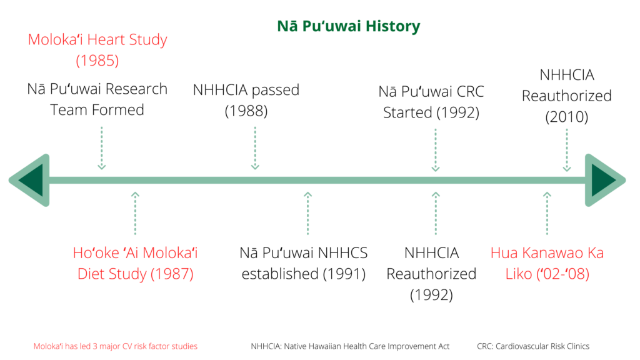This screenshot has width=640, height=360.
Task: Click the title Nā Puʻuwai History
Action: point(349,26)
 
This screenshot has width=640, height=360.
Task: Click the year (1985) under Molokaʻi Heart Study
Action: point(97,61)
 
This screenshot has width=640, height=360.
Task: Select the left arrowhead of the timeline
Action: point(29,180)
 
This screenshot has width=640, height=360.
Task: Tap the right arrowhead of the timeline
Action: point(605,180)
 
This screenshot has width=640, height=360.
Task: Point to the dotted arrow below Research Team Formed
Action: point(102,147)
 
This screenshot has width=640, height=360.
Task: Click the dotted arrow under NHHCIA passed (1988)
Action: point(255,147)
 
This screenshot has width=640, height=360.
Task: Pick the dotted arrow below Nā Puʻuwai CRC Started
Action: point(436,150)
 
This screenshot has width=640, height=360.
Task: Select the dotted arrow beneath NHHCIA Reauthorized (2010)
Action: point(567,150)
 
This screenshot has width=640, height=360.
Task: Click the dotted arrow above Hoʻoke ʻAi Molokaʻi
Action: point(135,213)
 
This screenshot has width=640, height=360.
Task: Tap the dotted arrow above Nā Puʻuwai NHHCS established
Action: point(307,213)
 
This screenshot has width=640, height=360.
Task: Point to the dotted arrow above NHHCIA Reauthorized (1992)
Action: point(436,213)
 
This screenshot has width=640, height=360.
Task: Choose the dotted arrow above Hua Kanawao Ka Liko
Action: point(547,213)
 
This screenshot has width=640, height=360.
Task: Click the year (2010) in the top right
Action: point(567,117)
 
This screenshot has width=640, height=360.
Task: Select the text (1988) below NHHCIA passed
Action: point(246,111)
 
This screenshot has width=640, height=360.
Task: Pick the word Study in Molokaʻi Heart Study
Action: point(147,40)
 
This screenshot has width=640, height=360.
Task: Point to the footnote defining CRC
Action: point(533,346)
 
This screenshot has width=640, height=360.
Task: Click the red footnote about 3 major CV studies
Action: point(115,346)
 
